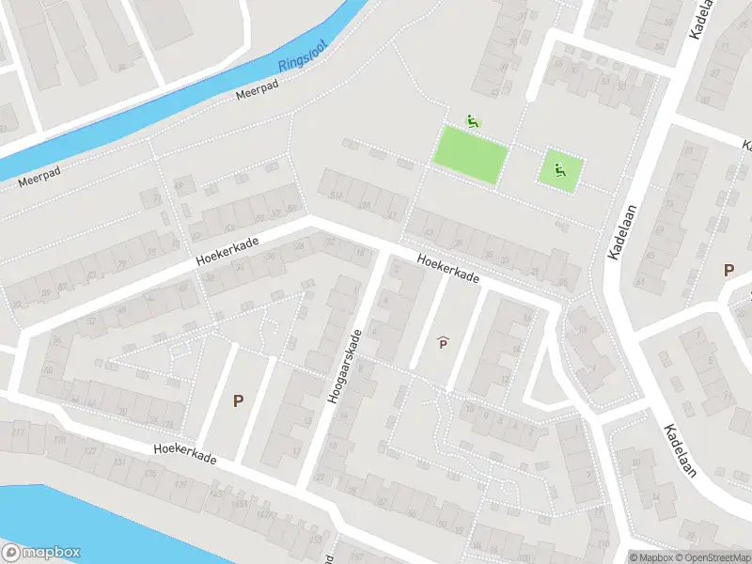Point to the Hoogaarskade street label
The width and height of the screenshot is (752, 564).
(345, 367)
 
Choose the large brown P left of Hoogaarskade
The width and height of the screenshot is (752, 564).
(239, 400)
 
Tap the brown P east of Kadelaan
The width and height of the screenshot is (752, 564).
(728, 270)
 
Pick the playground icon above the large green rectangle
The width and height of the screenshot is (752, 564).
(473, 120)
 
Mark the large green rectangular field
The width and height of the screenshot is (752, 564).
(470, 153)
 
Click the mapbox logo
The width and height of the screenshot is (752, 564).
(41, 553)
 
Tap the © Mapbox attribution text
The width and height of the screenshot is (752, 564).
(651, 557)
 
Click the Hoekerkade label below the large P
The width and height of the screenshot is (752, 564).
(186, 453)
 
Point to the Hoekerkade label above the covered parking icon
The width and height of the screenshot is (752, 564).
(449, 271)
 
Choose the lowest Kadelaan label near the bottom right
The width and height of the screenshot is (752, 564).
(680, 449)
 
